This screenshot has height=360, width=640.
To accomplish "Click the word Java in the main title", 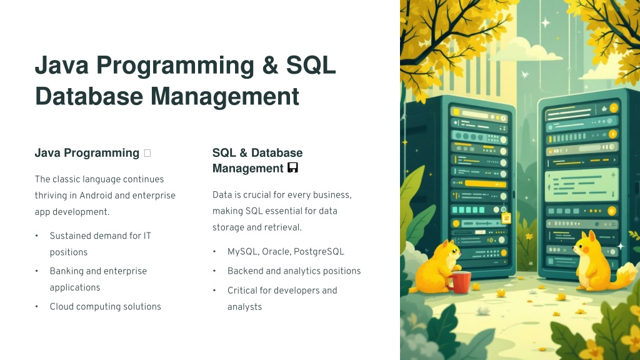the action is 61,65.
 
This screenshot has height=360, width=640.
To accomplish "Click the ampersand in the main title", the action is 270,65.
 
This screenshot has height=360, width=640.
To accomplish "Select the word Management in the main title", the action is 225,97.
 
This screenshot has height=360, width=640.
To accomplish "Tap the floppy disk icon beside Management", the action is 292,167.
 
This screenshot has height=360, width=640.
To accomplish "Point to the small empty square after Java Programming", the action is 147,153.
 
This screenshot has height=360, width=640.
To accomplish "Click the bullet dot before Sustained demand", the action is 37,236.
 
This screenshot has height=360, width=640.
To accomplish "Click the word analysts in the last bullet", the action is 244,307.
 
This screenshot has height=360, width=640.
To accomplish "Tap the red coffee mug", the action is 459,282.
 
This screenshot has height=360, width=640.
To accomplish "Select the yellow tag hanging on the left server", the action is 506,218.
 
